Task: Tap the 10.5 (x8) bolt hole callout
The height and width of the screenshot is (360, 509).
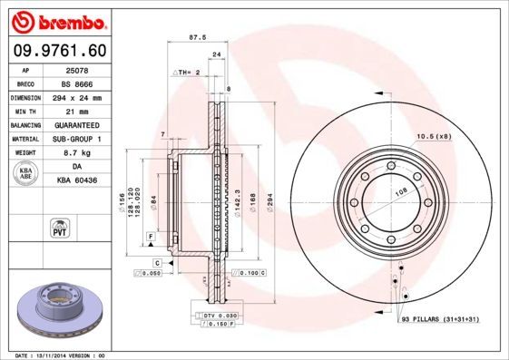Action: [x=433, y=136]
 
